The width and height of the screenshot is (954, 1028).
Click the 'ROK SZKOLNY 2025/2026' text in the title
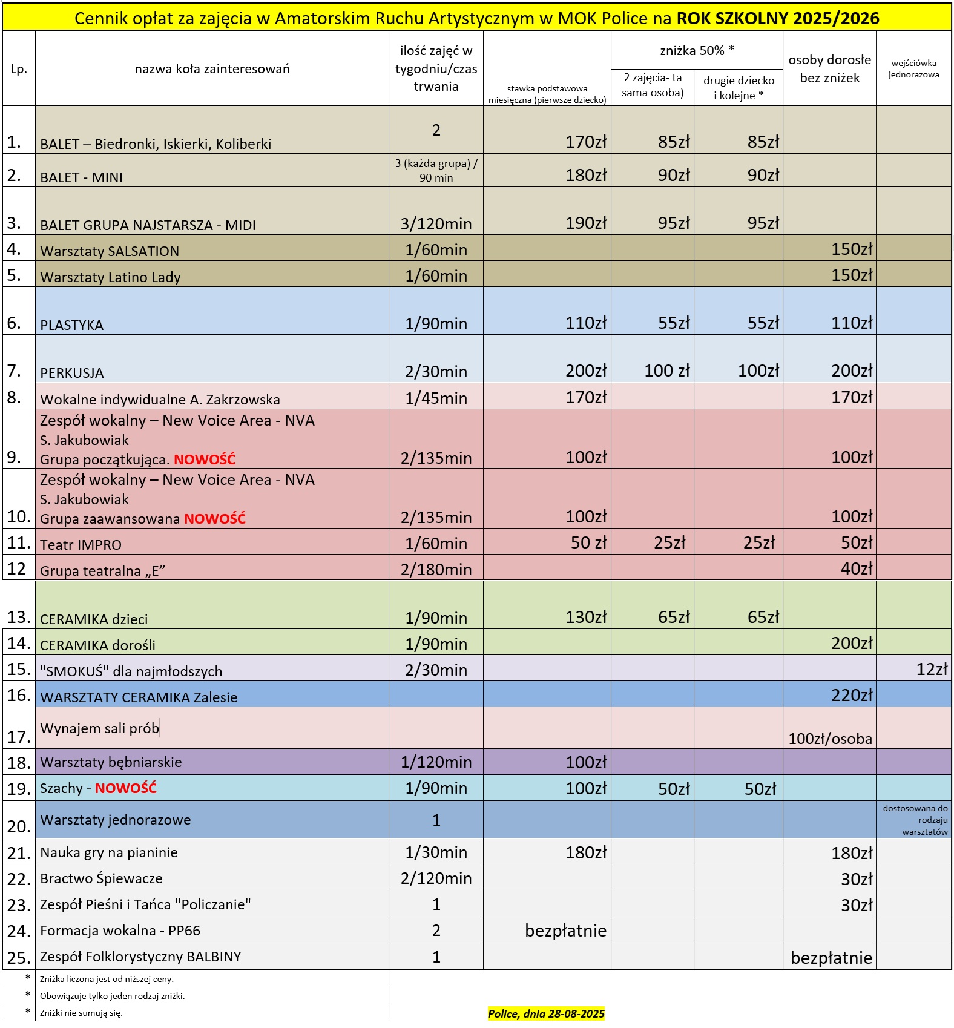[777, 18]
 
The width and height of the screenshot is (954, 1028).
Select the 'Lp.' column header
[19, 69]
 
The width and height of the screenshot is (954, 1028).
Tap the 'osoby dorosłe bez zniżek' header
[829, 68]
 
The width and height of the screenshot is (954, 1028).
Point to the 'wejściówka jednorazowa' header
[913, 68]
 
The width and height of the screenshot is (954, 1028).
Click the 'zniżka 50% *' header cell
[697, 51]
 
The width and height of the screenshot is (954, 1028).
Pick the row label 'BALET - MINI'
[82, 177]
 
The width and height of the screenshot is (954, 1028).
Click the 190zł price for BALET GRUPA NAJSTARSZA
[585, 223]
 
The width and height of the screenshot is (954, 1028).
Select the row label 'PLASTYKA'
[72, 325]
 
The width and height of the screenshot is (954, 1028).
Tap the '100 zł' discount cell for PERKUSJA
[666, 371]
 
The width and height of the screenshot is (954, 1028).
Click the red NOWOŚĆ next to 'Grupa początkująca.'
[205, 460]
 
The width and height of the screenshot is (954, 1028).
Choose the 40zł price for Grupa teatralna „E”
[857, 568]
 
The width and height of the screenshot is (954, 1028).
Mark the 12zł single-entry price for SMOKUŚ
[932, 669]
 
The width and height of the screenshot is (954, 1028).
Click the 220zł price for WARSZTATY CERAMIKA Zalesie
[852, 695]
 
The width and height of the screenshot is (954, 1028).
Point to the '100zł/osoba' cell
[830, 739]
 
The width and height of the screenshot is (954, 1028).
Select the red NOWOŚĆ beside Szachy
[126, 788]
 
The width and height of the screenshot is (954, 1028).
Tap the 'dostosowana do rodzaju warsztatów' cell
[915, 820]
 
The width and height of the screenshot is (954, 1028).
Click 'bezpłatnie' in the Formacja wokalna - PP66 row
[565, 931]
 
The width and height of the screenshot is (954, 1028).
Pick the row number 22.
[19, 879]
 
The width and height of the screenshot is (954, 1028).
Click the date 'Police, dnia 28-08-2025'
[546, 1013]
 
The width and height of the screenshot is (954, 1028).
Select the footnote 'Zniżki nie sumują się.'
[81, 1013]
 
